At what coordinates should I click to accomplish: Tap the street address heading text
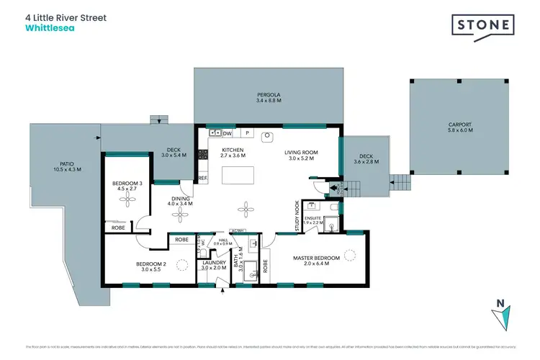(x=66, y=17)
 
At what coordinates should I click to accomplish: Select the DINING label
(x=180, y=202)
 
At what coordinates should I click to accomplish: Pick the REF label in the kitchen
(x=202, y=178)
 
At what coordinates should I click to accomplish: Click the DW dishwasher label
(x=227, y=133)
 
